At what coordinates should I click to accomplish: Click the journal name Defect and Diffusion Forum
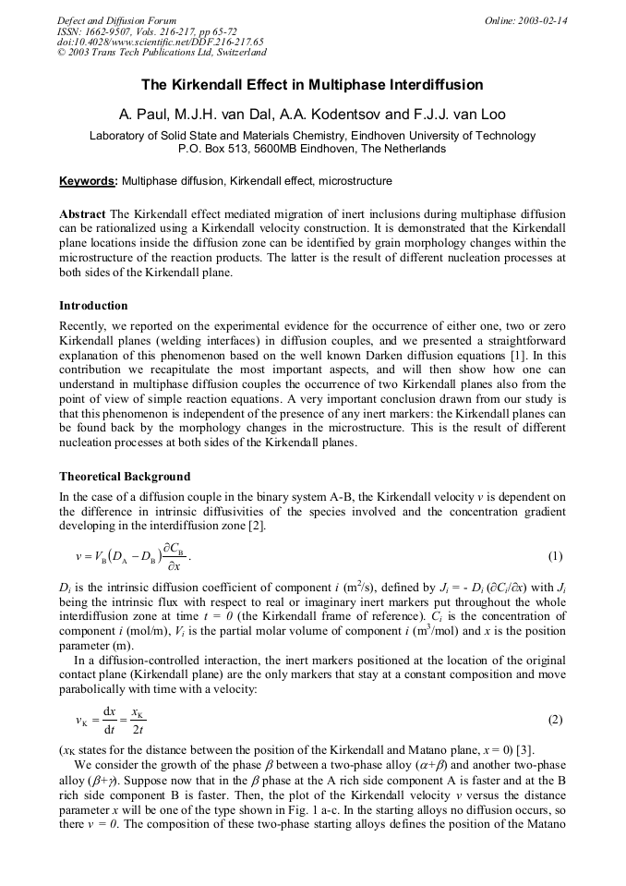(x=116, y=20)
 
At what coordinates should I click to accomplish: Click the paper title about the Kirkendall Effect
(x=312, y=85)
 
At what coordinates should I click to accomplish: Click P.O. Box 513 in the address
(x=217, y=149)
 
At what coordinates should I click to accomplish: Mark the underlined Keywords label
(x=88, y=181)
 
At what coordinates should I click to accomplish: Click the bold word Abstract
(x=82, y=213)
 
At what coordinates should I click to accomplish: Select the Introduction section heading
(x=93, y=306)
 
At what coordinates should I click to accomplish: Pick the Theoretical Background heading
(x=125, y=477)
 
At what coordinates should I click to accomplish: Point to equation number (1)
(x=555, y=556)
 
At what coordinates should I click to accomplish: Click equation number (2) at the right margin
(x=555, y=720)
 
